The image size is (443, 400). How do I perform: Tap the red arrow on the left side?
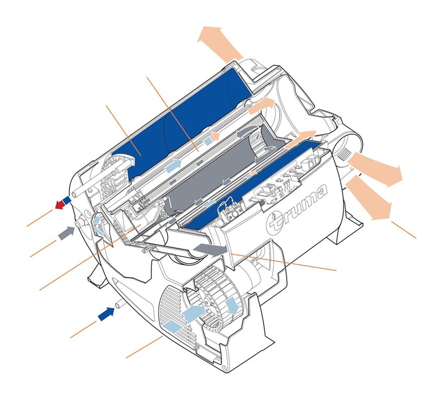pyautogui.click(x=59, y=204)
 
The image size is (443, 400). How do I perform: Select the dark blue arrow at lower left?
pyautogui.click(x=106, y=314)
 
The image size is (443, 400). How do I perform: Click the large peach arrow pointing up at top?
pyautogui.click(x=219, y=43)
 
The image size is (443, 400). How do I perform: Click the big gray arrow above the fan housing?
pyautogui.click(x=211, y=249)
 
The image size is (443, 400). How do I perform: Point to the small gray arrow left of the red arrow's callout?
pyautogui.click(x=66, y=233)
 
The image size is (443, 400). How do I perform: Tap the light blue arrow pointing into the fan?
pyautogui.click(x=194, y=314)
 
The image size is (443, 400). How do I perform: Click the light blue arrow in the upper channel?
pyautogui.click(x=173, y=165)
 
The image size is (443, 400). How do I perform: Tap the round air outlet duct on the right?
pyautogui.click(x=348, y=151)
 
